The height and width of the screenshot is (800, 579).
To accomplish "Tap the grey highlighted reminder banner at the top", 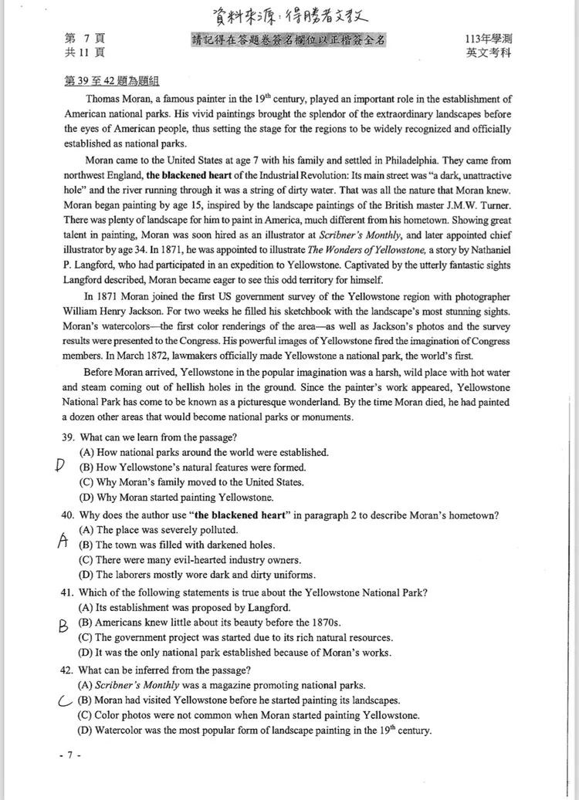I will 289,40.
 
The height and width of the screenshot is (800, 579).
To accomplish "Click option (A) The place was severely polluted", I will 158,530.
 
